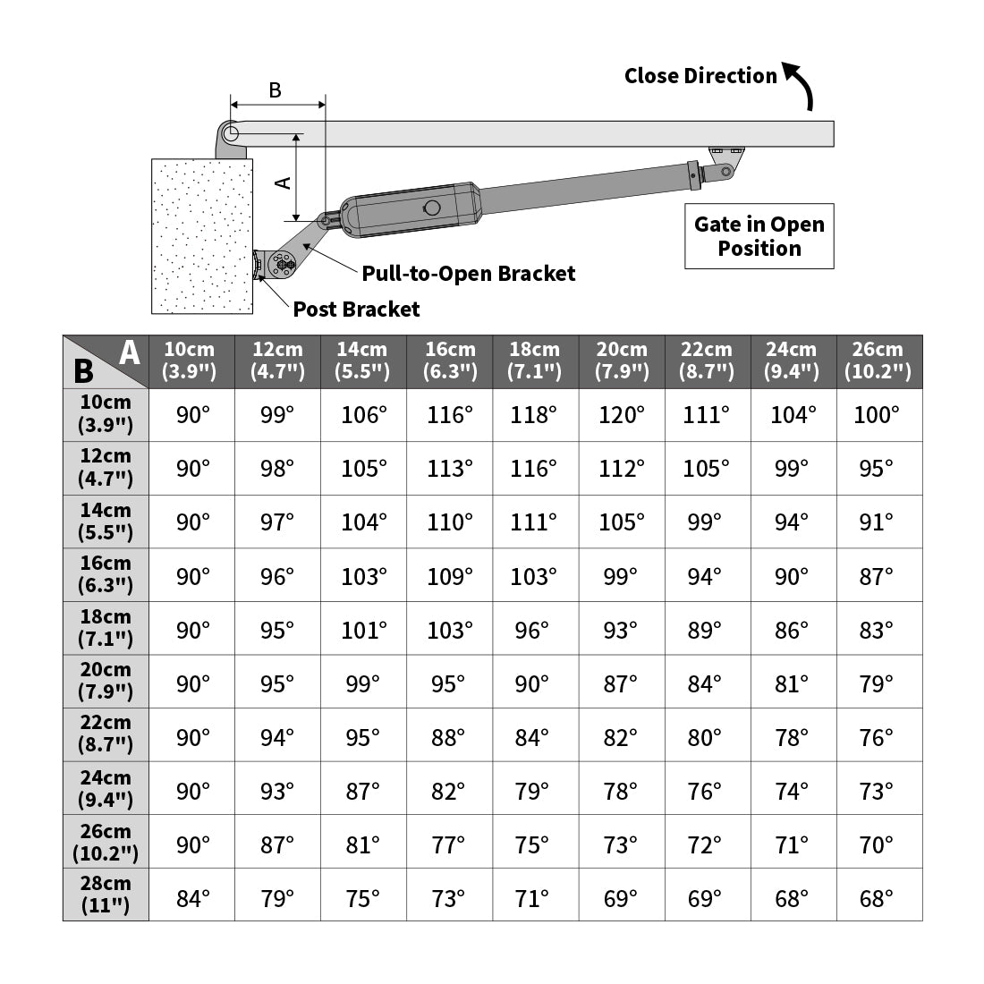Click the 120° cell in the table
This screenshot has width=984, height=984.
coord(621,415)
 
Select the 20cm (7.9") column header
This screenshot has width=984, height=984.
coord(621,361)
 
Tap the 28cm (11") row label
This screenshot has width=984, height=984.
coord(106,895)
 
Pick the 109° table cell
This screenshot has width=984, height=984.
coord(449,576)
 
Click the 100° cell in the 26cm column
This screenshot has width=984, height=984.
coord(878,415)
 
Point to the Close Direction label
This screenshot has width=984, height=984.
coord(700,76)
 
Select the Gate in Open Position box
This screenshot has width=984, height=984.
coord(759,236)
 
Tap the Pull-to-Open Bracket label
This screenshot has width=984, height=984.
coord(469,274)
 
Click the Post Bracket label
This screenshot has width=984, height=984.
coord(356,310)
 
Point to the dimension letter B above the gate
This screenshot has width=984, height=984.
coord(276,90)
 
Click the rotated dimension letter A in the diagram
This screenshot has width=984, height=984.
coord(283,182)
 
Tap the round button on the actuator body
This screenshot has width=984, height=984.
coord(432,208)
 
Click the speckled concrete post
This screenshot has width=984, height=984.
coord(202,236)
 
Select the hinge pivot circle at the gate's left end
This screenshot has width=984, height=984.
coord(231,133)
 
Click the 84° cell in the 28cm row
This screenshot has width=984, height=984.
coord(192,898)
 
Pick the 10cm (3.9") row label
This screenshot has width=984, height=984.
coord(106,414)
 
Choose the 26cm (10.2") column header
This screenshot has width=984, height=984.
coord(878,361)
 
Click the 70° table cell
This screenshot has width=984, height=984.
coord(878,844)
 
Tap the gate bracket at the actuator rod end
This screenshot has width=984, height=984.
coord(725,161)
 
